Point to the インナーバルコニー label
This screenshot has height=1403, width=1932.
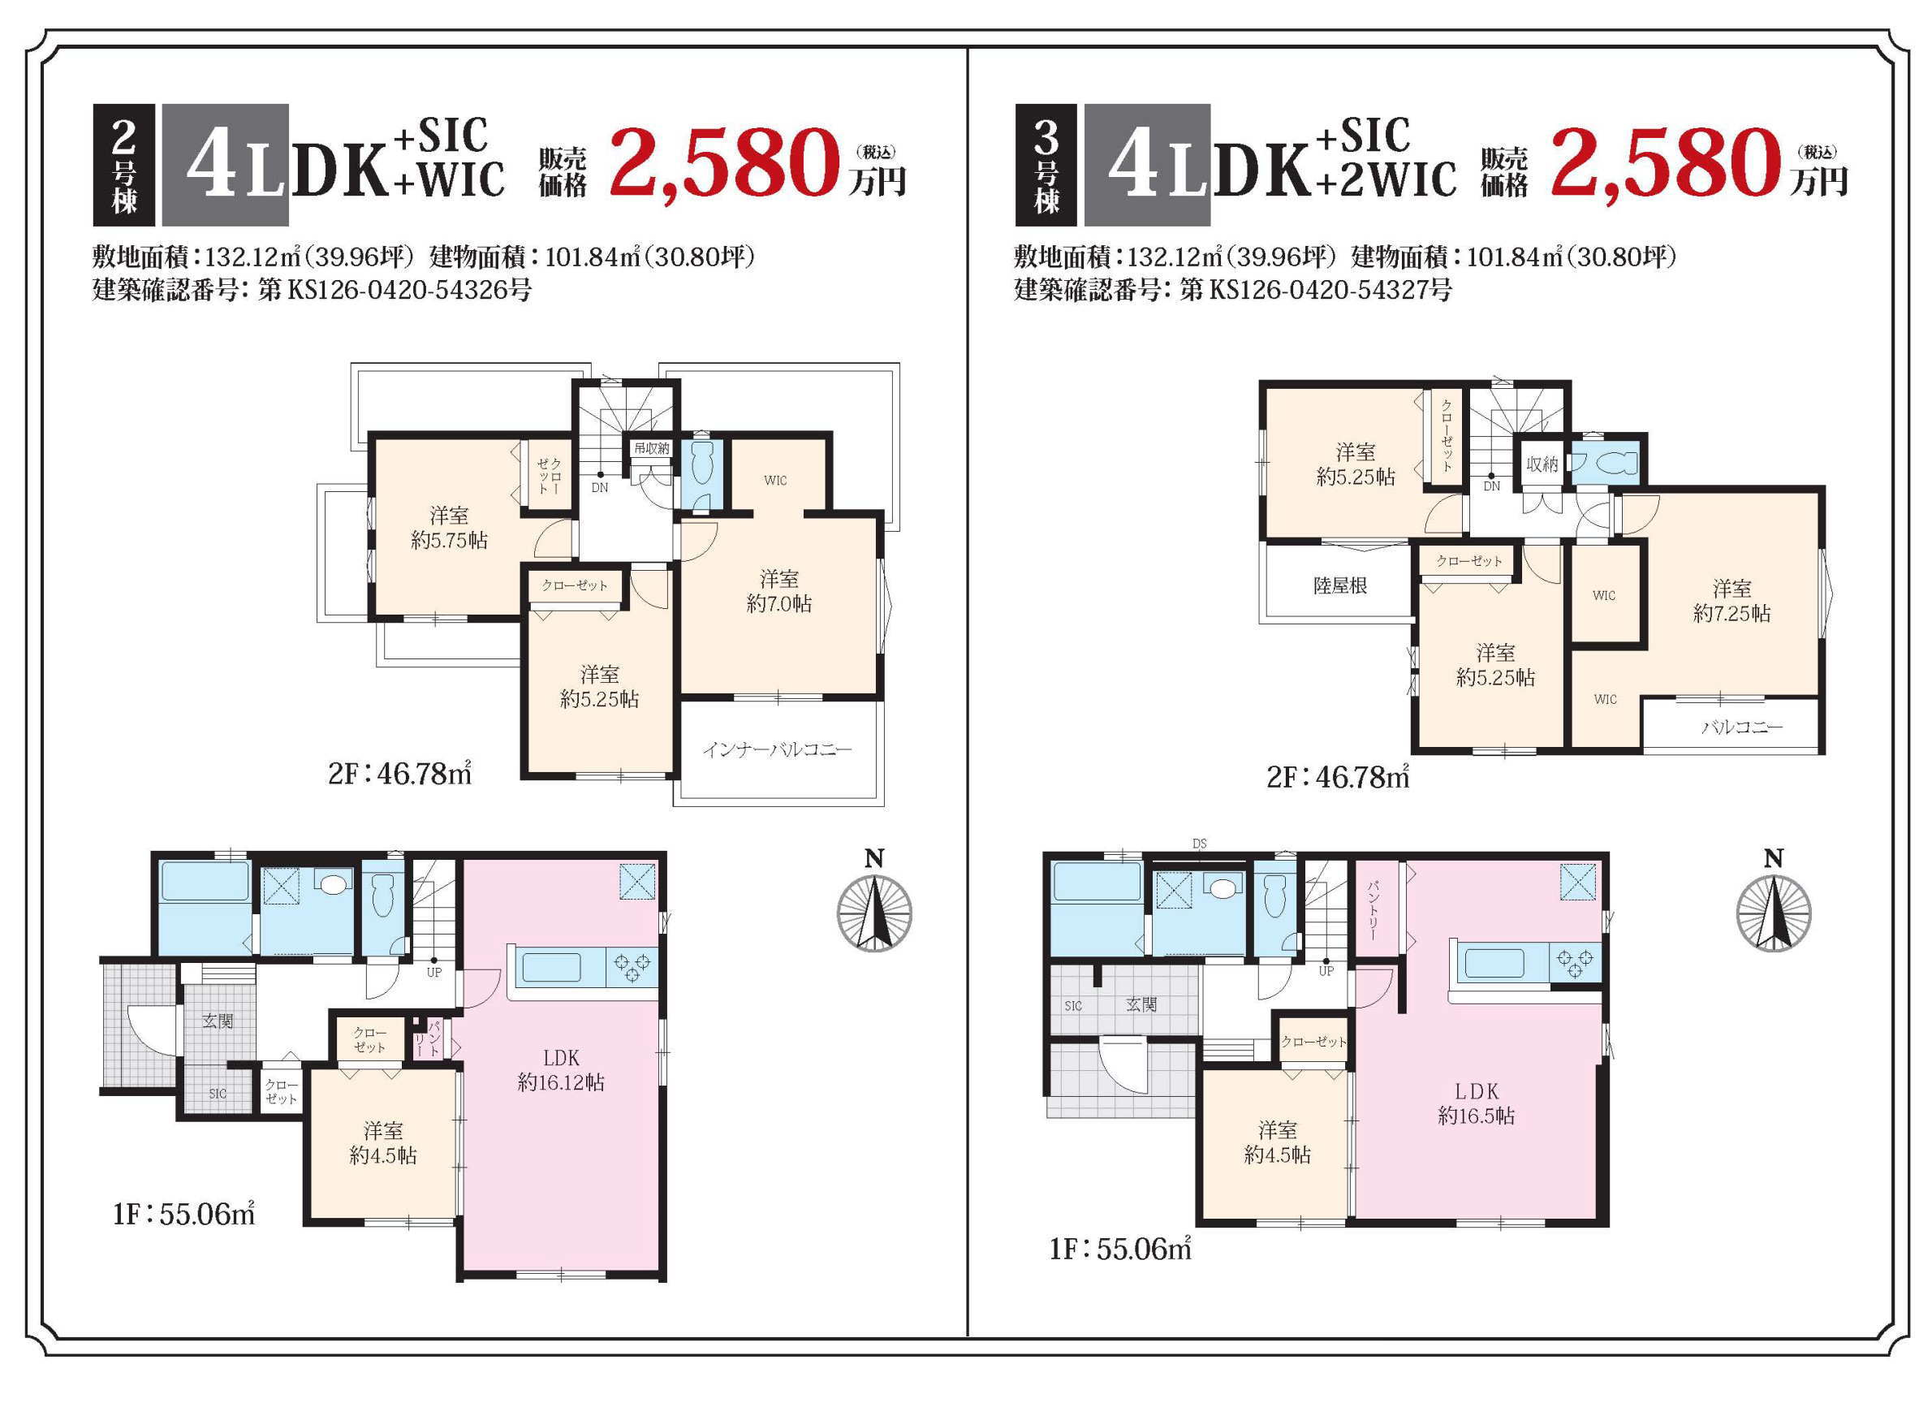[777, 749]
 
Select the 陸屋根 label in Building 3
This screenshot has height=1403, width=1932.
[1340, 585]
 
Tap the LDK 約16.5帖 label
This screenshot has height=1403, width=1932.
[1477, 1103]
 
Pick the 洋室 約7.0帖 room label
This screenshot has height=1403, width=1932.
[778, 591]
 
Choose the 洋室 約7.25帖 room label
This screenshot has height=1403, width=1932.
[1731, 601]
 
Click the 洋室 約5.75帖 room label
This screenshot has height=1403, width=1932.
[449, 527]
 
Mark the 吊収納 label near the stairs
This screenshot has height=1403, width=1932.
[651, 448]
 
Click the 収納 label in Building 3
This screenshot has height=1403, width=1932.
[1542, 464]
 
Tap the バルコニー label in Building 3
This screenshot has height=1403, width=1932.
[1742, 727]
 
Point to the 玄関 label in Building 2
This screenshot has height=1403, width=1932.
[218, 1021]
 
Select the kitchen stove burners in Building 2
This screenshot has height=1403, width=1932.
[632, 967]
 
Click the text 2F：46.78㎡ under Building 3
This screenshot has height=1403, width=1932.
[1338, 776]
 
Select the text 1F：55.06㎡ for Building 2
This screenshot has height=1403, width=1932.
[184, 1213]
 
